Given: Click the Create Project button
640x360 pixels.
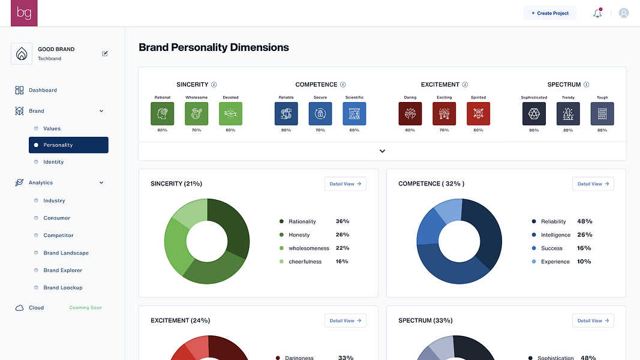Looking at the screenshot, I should coord(550,13).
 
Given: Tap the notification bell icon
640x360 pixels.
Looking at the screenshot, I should coord(597,13).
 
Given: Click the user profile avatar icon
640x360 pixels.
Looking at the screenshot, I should coord(624,13).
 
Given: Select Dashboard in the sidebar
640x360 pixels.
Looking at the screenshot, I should coord(43,90).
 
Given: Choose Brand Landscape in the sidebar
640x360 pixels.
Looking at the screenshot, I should coord(66,253).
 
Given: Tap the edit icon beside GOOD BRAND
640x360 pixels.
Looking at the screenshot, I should coord(105,53).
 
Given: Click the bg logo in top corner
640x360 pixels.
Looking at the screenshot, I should coord(24,13).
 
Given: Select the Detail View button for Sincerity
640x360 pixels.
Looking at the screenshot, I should coord(345,184).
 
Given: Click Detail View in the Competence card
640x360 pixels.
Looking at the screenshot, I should coord(593,184).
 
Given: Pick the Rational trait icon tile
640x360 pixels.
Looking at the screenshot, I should coord(163,113).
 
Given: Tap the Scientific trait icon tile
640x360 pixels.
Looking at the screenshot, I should coord(354,113).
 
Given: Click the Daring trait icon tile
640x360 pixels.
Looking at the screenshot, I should coord(410,113).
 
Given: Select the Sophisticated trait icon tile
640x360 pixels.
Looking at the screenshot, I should coord(534,113).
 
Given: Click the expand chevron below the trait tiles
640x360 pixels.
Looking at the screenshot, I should coord(382,151).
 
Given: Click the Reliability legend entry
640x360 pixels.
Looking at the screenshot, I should coord(553,221).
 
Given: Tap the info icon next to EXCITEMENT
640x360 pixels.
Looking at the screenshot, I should coord(465,85).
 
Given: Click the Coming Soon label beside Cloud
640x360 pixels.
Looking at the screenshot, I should coord(85,308).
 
